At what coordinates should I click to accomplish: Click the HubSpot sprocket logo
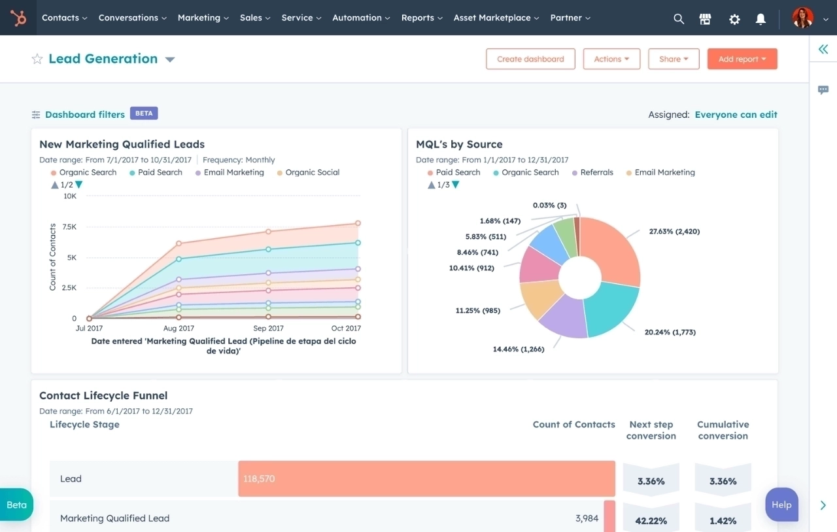coord(18,18)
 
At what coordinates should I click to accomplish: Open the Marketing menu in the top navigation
coord(203,18)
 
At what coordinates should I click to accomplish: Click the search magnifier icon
coord(679,19)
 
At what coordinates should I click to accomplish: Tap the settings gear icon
coord(734,19)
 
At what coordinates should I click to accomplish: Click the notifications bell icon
coord(760,19)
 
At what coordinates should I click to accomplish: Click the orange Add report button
coord(742,59)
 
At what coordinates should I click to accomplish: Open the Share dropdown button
coord(674,59)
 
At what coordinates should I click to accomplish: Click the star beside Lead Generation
coord(37,59)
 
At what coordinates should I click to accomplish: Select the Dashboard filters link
coord(84,115)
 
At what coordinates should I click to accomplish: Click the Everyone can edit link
coord(736,115)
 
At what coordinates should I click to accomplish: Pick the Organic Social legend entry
coord(312,173)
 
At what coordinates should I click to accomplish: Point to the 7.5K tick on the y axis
coord(69,226)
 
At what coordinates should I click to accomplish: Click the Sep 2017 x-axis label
coord(268,328)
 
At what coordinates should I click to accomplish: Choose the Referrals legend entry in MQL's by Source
coord(596,173)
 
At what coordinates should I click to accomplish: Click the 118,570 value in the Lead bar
coord(259,479)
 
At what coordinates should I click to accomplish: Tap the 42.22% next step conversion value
coord(651,521)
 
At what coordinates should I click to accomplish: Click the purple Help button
coord(781,505)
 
